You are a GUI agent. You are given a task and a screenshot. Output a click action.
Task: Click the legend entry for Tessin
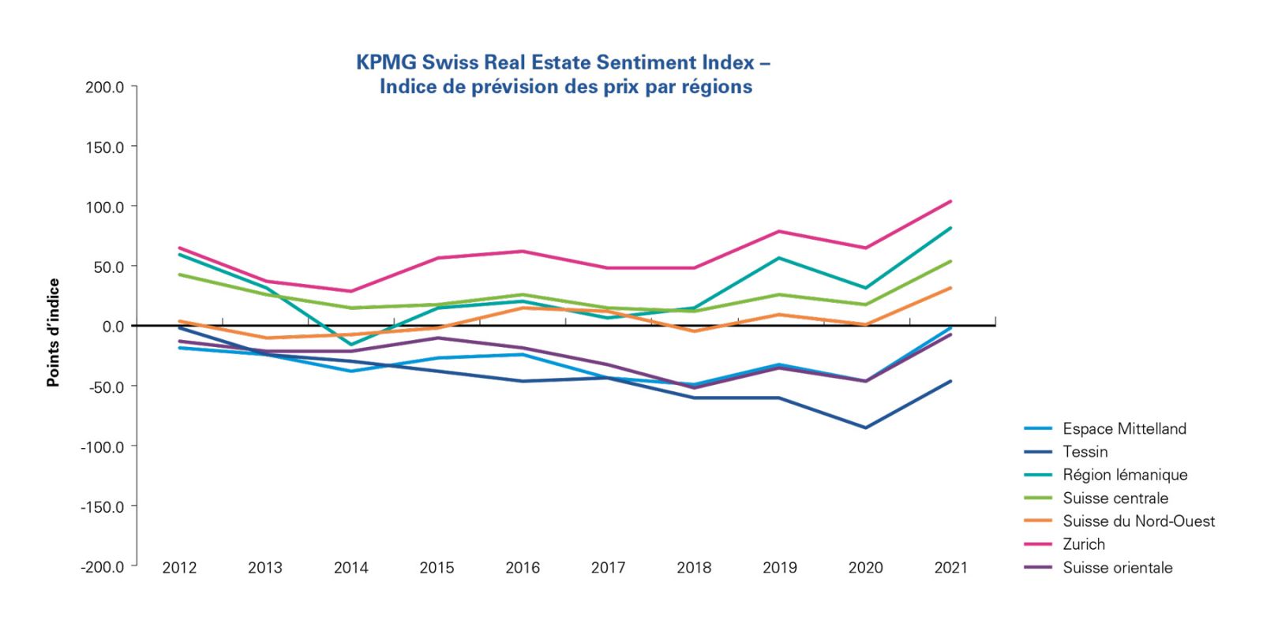(x=1085, y=452)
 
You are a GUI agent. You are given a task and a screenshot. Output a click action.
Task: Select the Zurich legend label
(x=1083, y=544)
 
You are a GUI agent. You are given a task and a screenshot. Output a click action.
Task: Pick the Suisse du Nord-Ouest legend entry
(x=1138, y=521)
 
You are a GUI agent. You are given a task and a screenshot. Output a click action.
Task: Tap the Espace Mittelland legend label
(x=1124, y=429)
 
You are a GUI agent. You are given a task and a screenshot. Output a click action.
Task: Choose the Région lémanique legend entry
(x=1125, y=475)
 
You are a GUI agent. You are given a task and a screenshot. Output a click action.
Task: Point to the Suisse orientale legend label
(x=1117, y=568)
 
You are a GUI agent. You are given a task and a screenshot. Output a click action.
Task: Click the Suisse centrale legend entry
(x=1115, y=498)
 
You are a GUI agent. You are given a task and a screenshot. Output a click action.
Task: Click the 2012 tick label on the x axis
(x=179, y=568)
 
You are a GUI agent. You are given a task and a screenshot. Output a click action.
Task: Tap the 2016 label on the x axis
(x=523, y=568)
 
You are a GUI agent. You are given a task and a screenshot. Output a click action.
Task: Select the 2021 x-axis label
(x=950, y=568)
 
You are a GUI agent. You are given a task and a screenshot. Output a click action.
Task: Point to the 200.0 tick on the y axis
(x=104, y=87)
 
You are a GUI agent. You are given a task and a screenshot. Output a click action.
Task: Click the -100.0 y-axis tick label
(x=103, y=446)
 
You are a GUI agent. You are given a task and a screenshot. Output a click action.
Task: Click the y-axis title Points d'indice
(x=53, y=332)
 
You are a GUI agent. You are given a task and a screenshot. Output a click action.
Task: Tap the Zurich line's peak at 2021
(x=950, y=201)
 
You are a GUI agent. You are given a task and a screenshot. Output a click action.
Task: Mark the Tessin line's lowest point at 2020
(x=865, y=428)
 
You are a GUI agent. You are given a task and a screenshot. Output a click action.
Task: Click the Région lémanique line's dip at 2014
(x=350, y=345)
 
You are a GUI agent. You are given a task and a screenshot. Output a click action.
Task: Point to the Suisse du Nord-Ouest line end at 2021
(x=950, y=288)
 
